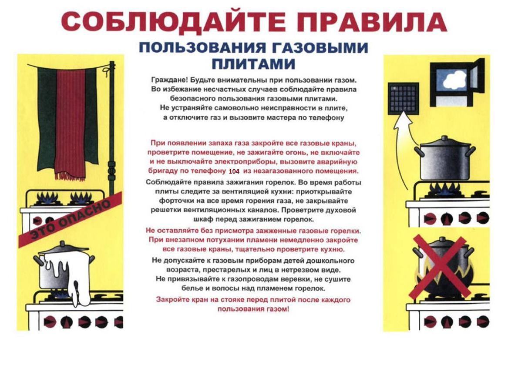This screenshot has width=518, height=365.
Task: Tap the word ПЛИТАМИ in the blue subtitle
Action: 253,64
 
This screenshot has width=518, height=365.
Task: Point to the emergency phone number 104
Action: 234,171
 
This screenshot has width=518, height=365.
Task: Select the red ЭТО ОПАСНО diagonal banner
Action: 70,219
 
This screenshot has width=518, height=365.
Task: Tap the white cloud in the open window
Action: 454,80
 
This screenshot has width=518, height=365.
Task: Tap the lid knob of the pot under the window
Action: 445,137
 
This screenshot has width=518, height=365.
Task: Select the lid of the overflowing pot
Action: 63,248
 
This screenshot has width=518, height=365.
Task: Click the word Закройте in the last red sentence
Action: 171,300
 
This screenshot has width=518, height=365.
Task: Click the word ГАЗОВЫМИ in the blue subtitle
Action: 326,47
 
